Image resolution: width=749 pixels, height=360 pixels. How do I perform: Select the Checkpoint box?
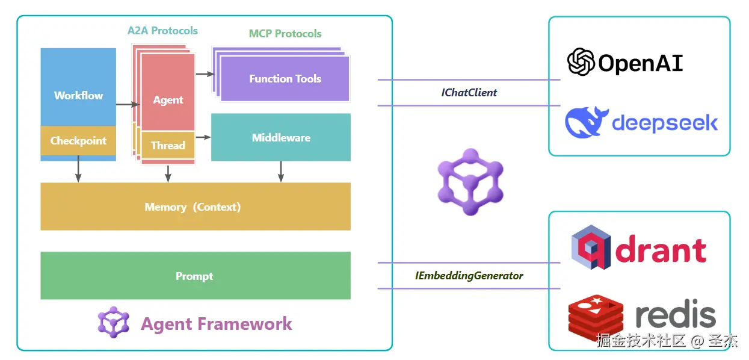[x=78, y=141]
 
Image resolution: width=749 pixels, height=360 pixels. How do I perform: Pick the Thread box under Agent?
[x=168, y=145]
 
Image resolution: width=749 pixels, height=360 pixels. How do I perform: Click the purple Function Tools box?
[x=285, y=79]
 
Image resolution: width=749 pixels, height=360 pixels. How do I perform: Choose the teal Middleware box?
[x=281, y=137]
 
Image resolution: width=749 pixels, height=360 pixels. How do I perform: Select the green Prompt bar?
[x=195, y=276]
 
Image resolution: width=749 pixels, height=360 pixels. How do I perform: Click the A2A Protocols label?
[x=162, y=31]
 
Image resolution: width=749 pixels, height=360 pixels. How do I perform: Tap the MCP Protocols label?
[x=285, y=34]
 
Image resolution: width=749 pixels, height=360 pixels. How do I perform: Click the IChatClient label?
[x=469, y=93]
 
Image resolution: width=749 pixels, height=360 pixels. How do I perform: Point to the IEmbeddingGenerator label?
[x=469, y=276]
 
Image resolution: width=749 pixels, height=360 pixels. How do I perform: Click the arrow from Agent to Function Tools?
[x=205, y=74]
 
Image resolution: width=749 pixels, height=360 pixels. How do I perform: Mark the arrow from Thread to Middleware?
[x=203, y=137]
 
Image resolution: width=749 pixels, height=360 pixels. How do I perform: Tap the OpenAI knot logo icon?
[x=581, y=62]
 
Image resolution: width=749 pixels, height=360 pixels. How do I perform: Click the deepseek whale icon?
[x=587, y=122]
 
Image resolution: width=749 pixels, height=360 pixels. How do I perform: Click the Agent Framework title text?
[x=216, y=324]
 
